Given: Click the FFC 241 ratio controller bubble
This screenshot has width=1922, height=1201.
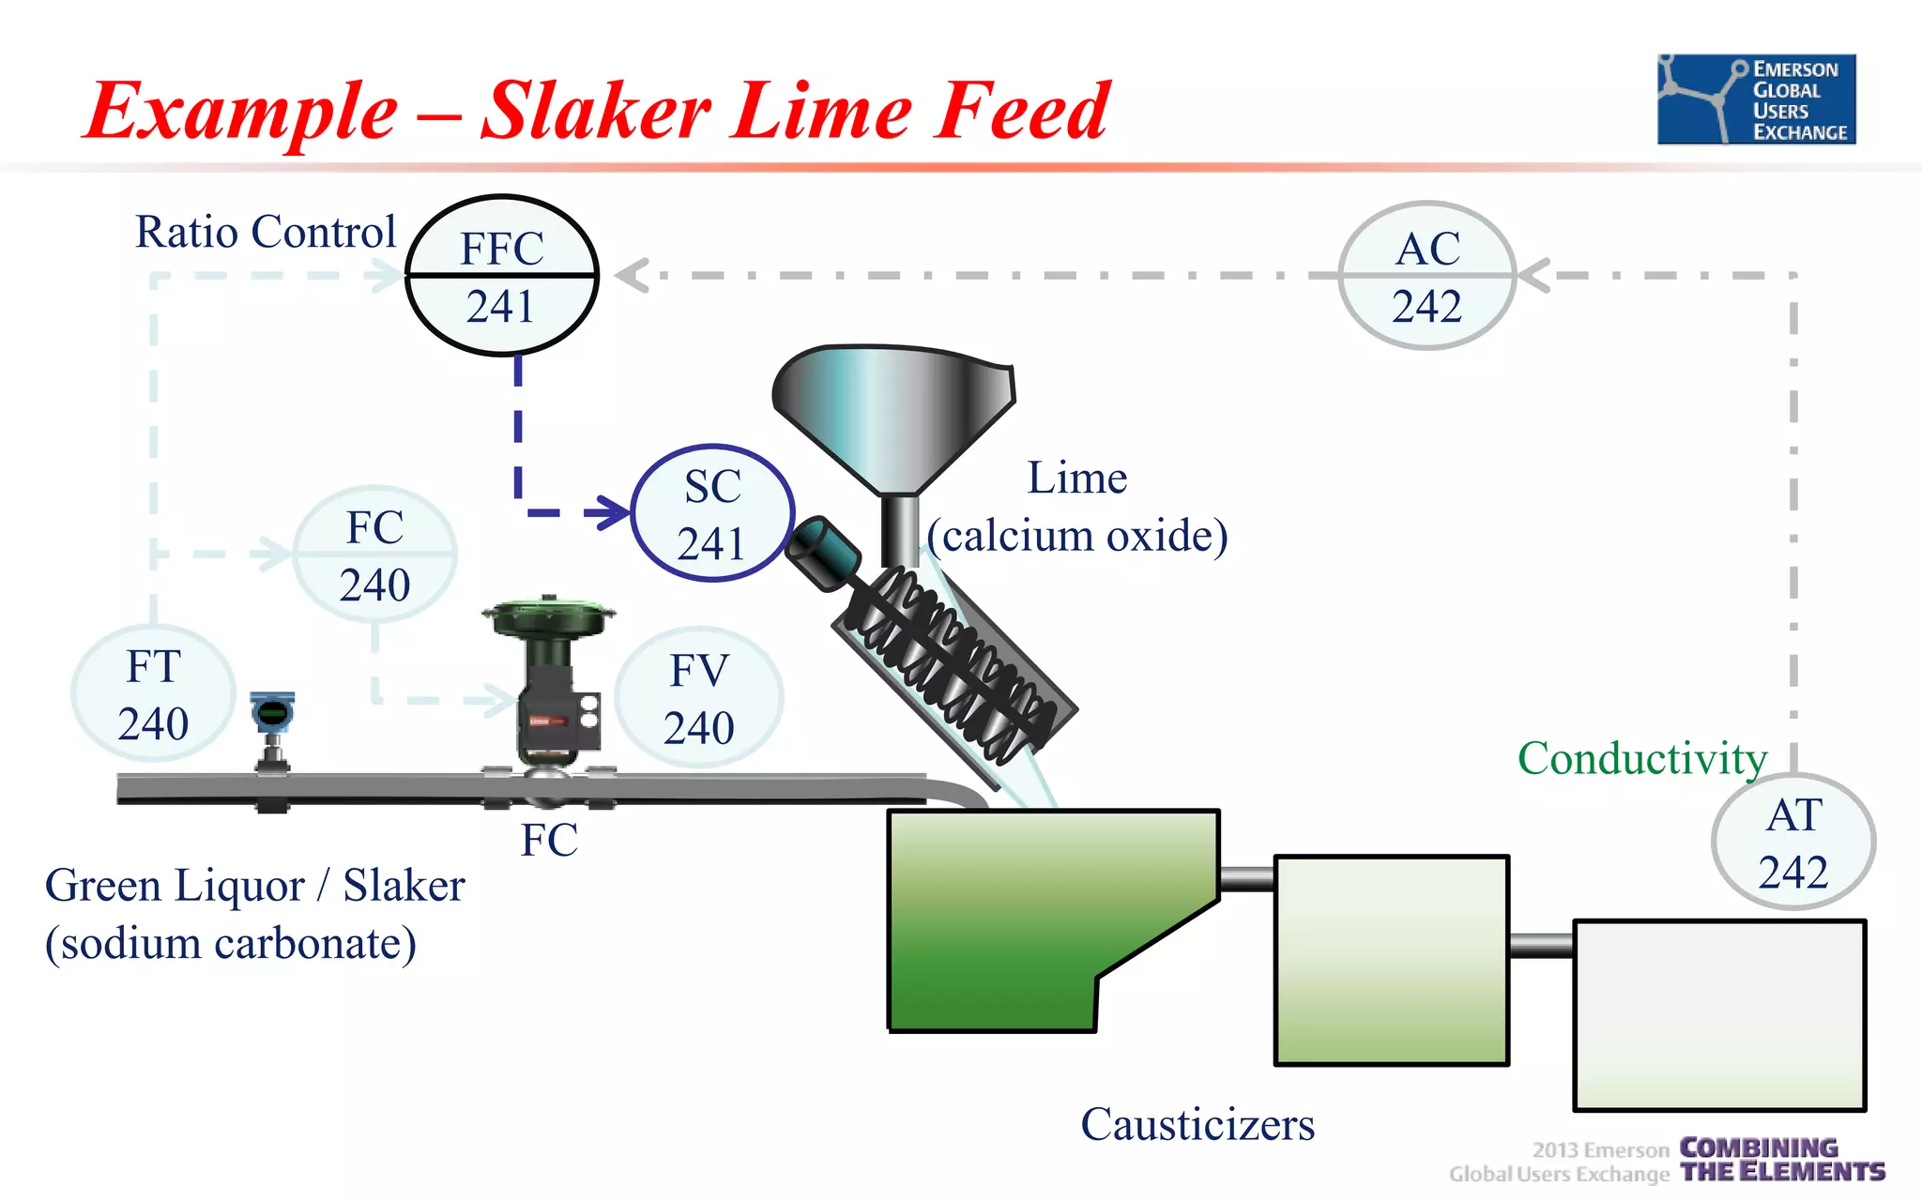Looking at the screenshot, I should pyautogui.click(x=502, y=276).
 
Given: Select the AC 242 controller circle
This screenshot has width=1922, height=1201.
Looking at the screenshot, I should pyautogui.click(x=1426, y=276).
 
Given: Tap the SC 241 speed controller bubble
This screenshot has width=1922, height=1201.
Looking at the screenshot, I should pyautogui.click(x=712, y=513).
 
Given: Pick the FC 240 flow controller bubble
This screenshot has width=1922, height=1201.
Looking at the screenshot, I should pyautogui.click(x=375, y=555).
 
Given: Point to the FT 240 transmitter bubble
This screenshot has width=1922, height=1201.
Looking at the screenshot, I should pyautogui.click(x=153, y=694).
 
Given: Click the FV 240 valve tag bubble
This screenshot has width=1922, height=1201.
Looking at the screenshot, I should pyautogui.click(x=699, y=698).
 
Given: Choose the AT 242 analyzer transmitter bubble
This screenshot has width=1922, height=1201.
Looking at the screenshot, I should pyautogui.click(x=1792, y=842).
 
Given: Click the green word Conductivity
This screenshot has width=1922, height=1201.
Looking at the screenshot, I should pyautogui.click(x=1641, y=758).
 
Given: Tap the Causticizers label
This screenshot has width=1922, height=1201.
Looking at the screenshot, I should pyautogui.click(x=1197, y=1124).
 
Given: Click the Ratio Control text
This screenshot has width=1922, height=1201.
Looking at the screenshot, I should pyautogui.click(x=266, y=232).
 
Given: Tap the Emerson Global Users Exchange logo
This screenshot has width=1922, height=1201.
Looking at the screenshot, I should pyautogui.click(x=1756, y=99).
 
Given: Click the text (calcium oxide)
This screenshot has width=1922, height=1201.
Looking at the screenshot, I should pyautogui.click(x=1077, y=536).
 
